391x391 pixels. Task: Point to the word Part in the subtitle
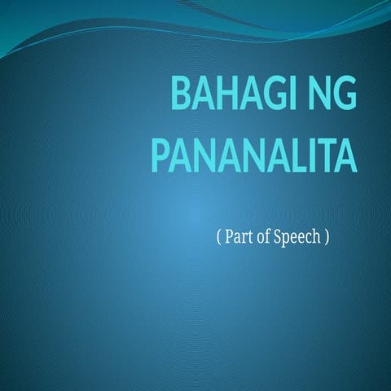point(241,239)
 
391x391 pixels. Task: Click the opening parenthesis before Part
point(219,239)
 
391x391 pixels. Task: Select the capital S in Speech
point(281,239)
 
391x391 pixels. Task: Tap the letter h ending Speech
point(316,239)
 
